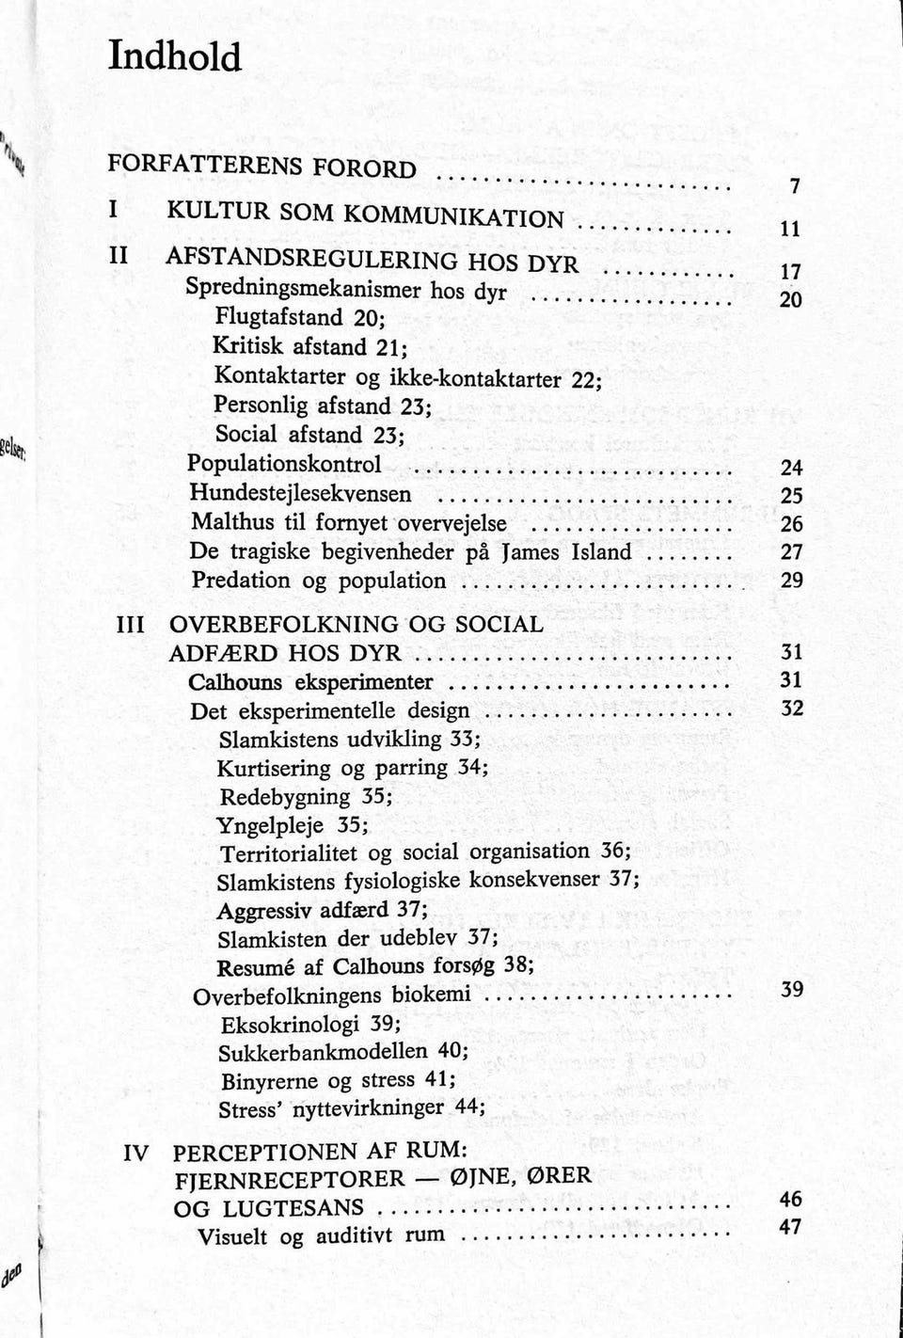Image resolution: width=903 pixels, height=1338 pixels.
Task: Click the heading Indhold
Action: pyautogui.click(x=175, y=57)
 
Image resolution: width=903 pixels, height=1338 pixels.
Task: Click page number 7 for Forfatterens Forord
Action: pyautogui.click(x=795, y=187)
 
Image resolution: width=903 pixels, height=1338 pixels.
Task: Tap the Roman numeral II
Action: pyautogui.click(x=119, y=254)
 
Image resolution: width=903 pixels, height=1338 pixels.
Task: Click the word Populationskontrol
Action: pyautogui.click(x=285, y=464)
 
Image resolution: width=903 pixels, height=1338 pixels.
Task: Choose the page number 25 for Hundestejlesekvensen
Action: pyautogui.click(x=792, y=496)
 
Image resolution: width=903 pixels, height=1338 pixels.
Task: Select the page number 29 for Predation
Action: pyautogui.click(x=792, y=581)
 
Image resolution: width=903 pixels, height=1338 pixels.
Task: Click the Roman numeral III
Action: pyautogui.click(x=129, y=625)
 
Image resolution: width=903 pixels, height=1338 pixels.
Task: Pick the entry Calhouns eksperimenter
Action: pyautogui.click(x=311, y=682)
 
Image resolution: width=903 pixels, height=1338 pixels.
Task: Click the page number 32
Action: pyautogui.click(x=792, y=709)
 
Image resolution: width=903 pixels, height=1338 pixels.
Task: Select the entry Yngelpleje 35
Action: pyautogui.click(x=292, y=826)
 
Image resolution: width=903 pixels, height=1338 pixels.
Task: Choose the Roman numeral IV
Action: pyautogui.click(x=136, y=1153)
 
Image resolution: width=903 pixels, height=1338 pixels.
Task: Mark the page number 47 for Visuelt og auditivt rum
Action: pyautogui.click(x=791, y=1227)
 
